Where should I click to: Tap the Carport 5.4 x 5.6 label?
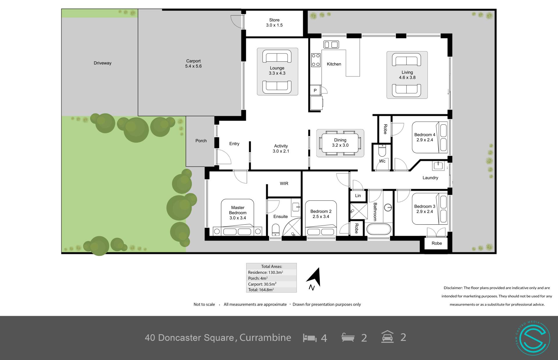(x=194, y=64)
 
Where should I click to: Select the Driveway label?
(x=103, y=63)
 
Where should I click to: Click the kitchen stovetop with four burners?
(x=316, y=60)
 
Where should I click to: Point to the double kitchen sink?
(x=331, y=45)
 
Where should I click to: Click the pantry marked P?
(x=315, y=90)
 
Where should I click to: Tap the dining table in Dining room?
(x=340, y=143)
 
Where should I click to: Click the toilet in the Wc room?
(x=382, y=151)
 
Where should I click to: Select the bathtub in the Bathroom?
(x=378, y=229)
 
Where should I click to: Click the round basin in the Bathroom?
(x=388, y=207)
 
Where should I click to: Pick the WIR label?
(x=284, y=184)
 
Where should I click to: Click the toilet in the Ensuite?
(x=276, y=230)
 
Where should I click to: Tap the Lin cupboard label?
(x=358, y=196)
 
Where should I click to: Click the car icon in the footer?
(x=387, y=337)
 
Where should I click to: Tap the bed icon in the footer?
(x=310, y=338)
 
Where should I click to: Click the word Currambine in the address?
(x=265, y=338)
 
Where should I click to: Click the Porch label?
(x=201, y=141)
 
